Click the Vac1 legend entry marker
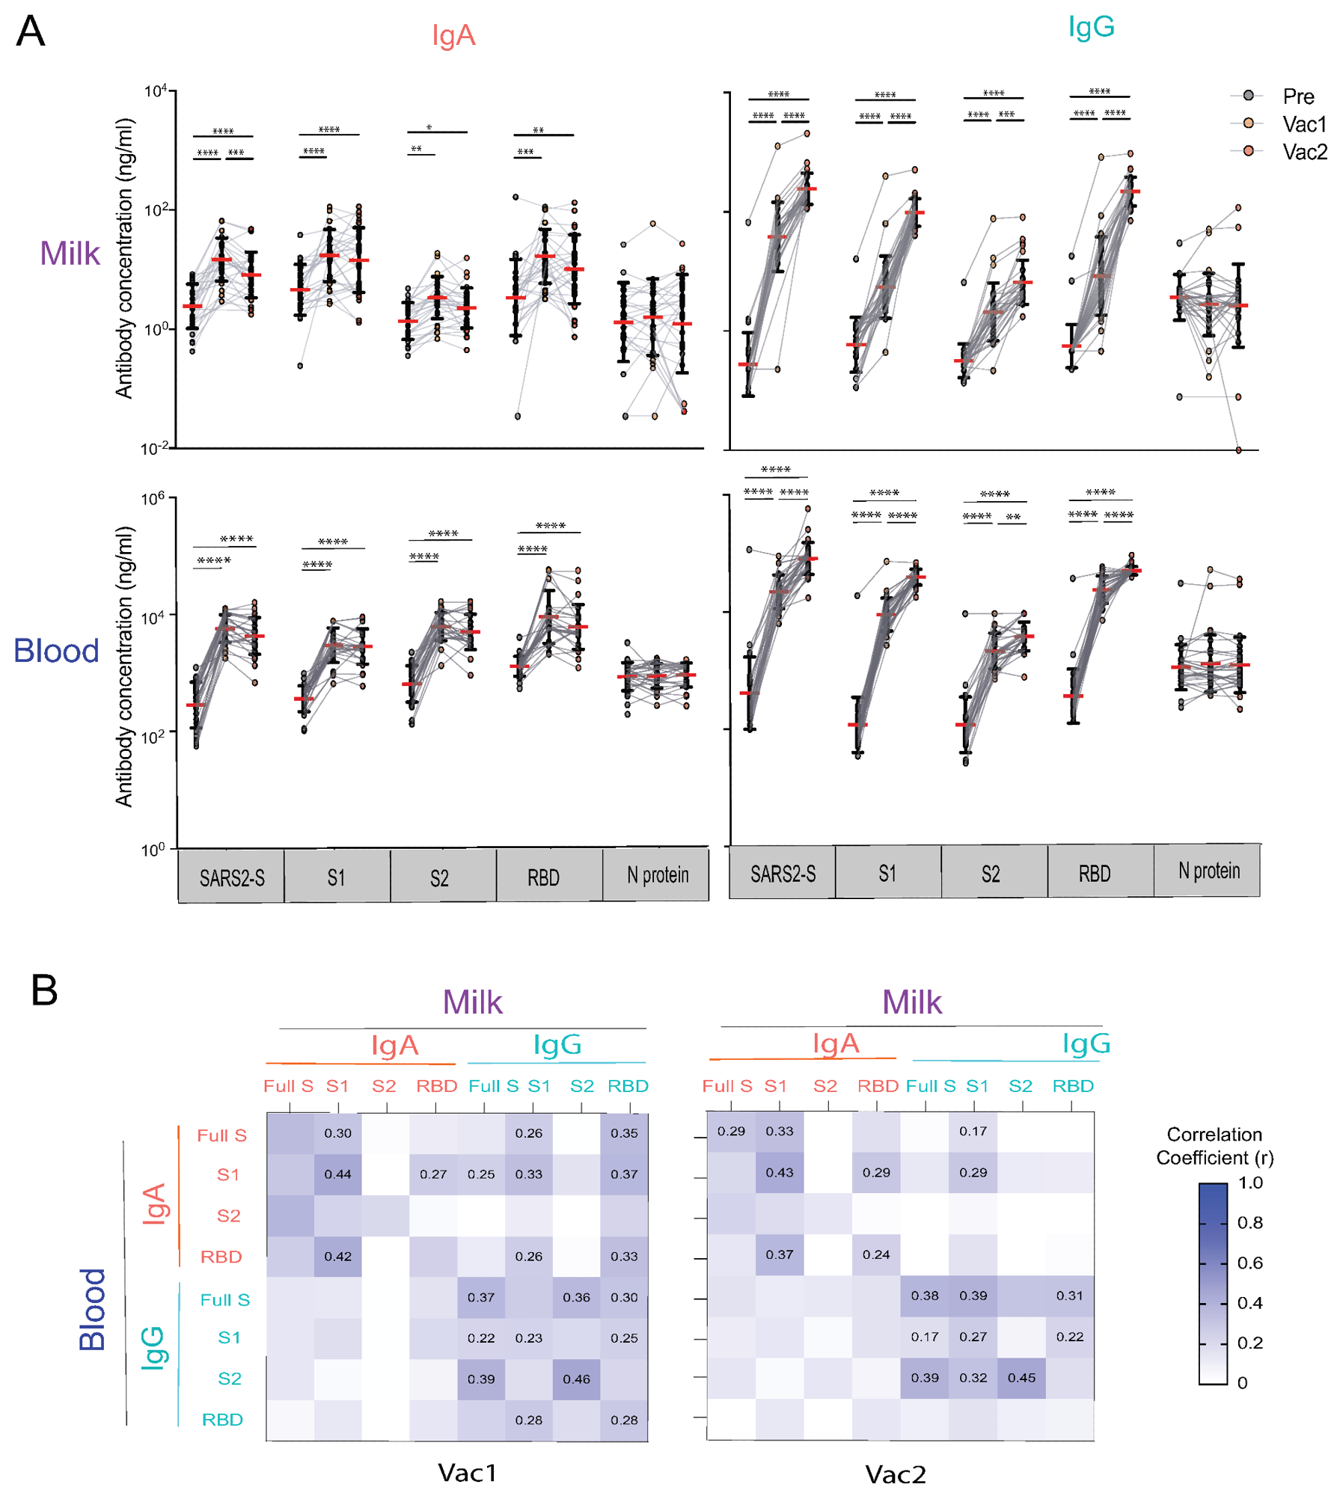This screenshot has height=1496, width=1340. point(1248,123)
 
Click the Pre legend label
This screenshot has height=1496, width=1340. point(1298,96)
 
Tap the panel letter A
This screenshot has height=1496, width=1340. point(31,32)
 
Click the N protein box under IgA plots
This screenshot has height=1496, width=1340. point(657,875)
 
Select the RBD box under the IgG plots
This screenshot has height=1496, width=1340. point(1094,873)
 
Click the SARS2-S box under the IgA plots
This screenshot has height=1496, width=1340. point(232,877)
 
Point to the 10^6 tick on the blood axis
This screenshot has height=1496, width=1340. point(153,499)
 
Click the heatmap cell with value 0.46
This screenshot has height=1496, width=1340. point(576,1379)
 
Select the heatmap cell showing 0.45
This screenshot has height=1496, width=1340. point(1021,1377)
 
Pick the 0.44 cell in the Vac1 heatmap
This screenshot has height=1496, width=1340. point(337,1174)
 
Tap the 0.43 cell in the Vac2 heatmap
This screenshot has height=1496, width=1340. point(779,1172)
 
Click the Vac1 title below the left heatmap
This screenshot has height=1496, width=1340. point(467,1472)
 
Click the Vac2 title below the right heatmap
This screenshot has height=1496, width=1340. point(895,1474)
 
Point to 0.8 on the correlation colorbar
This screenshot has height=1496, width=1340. point(1249,1222)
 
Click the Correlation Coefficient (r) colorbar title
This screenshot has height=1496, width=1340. point(1214,1145)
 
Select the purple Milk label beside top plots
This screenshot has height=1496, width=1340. point(70,254)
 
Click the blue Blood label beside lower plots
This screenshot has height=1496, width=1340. point(56,650)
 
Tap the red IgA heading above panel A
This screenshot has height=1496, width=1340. point(453,35)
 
